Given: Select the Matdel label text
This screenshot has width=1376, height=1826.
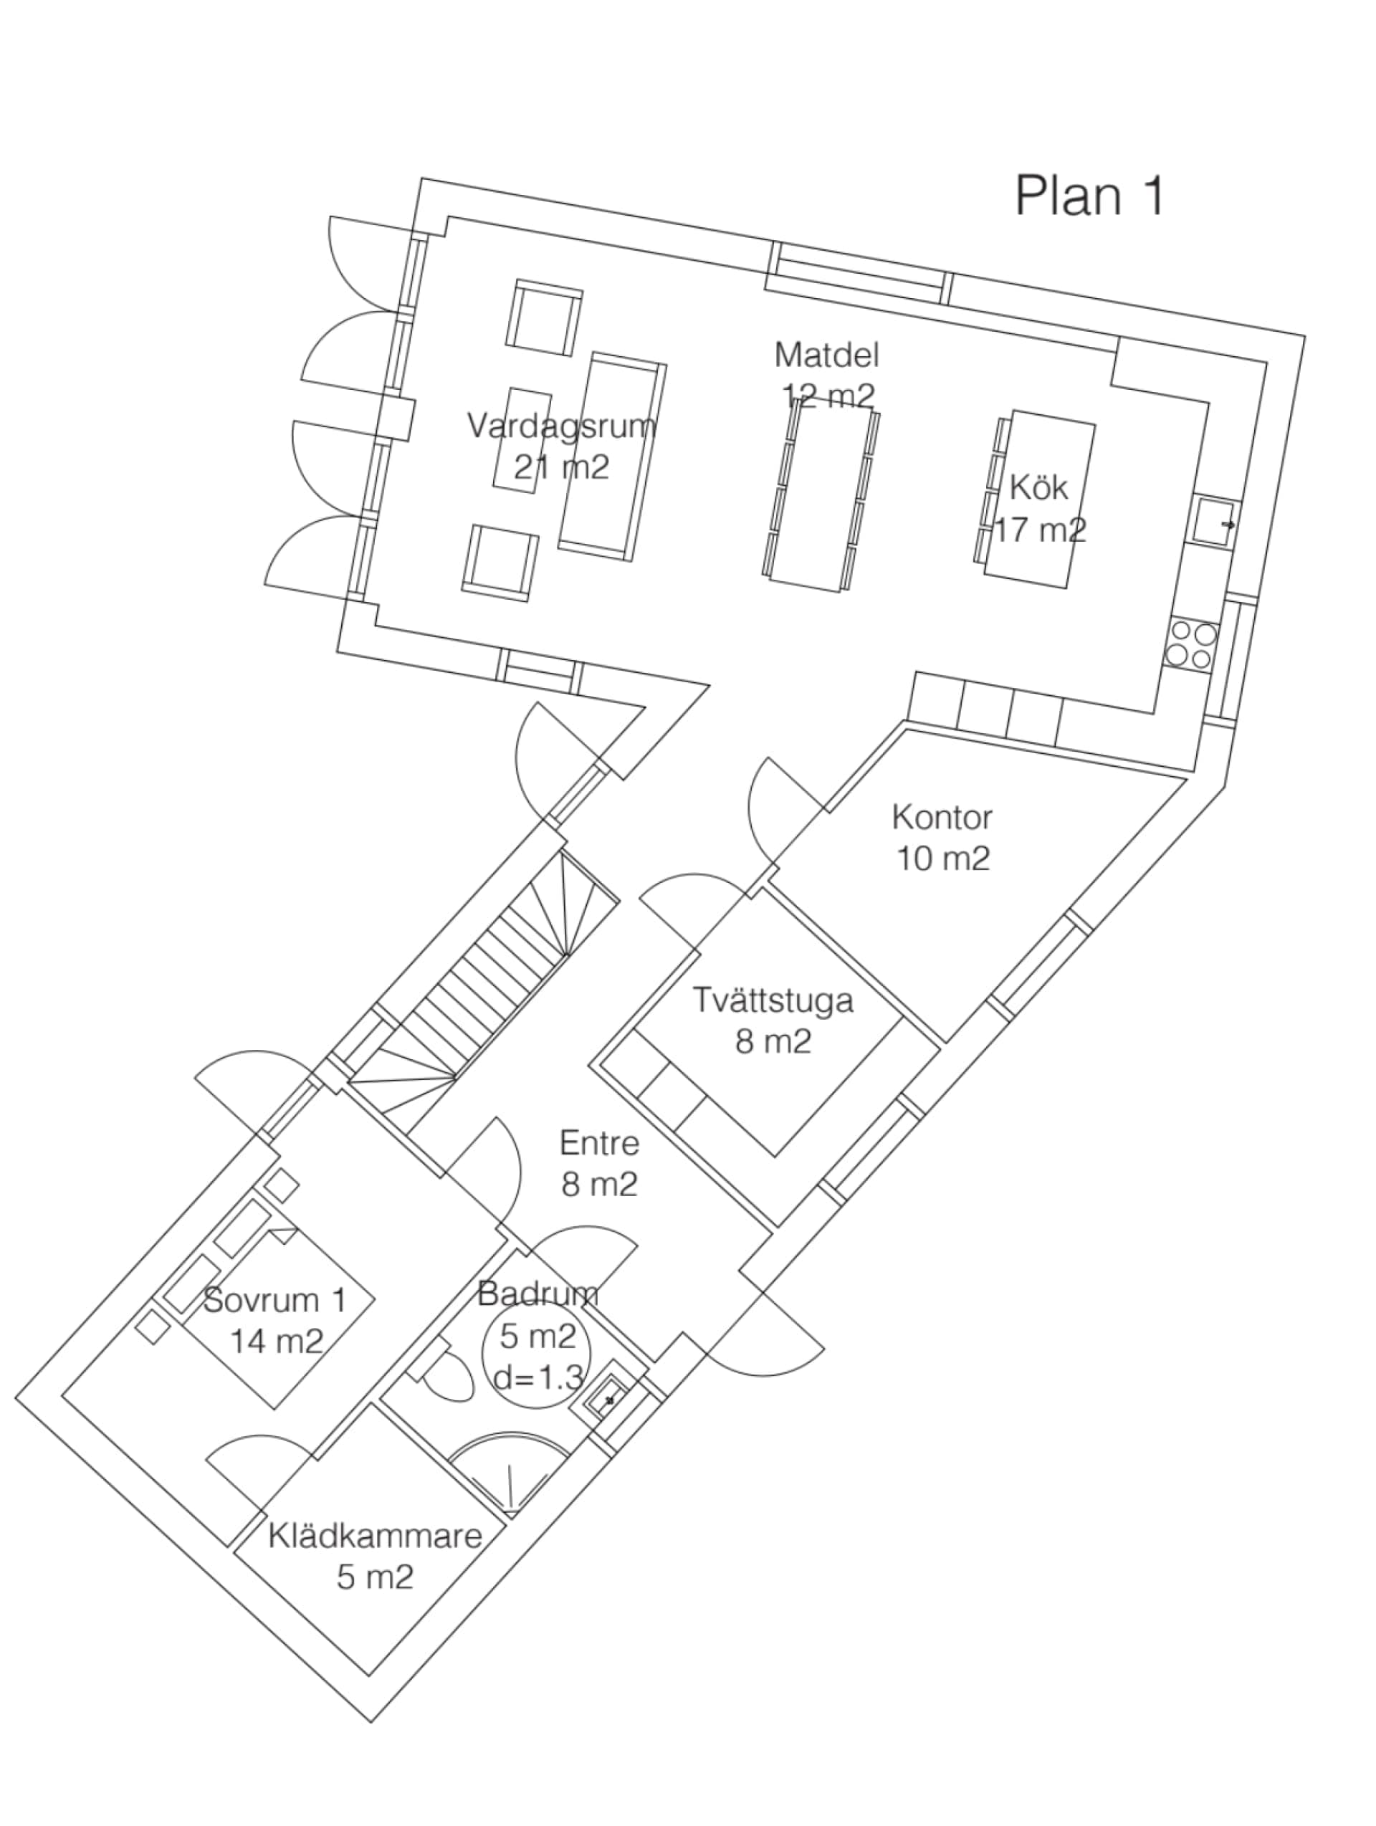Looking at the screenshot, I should point(826,355).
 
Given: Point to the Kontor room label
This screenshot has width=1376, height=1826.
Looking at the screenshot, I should point(942,817).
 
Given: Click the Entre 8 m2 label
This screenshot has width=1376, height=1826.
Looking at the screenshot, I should point(599,1164).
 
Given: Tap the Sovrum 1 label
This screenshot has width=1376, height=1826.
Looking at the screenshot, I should point(275,1300).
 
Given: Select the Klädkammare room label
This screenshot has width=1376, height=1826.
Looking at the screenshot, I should point(375,1536).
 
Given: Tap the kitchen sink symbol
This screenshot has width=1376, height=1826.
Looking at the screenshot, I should point(1213,522).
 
